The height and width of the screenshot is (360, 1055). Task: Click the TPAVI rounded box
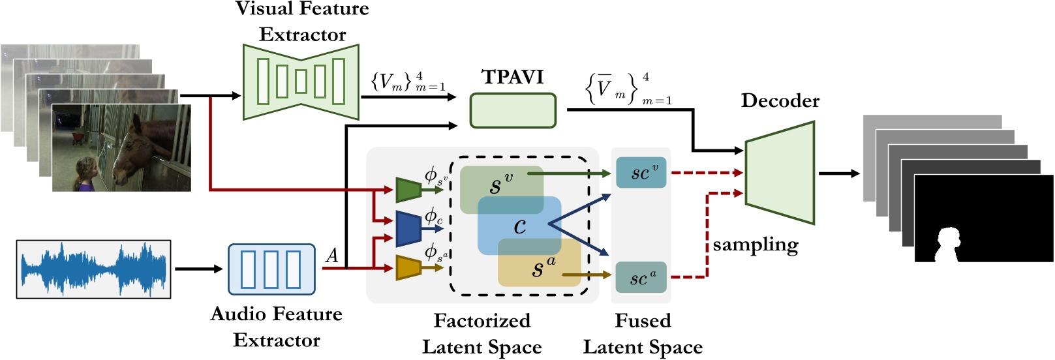pos(513,111)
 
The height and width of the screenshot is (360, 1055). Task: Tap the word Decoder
pos(780,100)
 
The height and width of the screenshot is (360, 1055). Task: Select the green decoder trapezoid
pos(780,173)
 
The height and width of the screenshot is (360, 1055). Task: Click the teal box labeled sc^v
pos(641,172)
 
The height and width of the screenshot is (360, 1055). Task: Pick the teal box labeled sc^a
pos(641,277)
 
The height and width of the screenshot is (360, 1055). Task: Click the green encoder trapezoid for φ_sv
pos(408,190)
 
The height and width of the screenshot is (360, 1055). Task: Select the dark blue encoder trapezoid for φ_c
pos(408,229)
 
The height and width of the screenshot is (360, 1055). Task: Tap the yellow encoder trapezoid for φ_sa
pos(408,268)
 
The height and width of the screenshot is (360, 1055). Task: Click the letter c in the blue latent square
pos(520,227)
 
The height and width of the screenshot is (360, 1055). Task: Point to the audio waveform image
pos(94,269)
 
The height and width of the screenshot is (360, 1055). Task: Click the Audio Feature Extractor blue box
pos(272,269)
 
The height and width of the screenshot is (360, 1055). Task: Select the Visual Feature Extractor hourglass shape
pos(301,82)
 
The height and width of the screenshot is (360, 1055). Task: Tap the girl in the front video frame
pos(87,174)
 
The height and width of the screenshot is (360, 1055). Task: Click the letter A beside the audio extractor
pos(332,256)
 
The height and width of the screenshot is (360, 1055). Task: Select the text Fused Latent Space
pos(643,334)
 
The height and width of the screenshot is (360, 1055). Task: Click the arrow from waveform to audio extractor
pos(199,269)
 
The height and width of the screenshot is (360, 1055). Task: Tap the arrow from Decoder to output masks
pos(839,173)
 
